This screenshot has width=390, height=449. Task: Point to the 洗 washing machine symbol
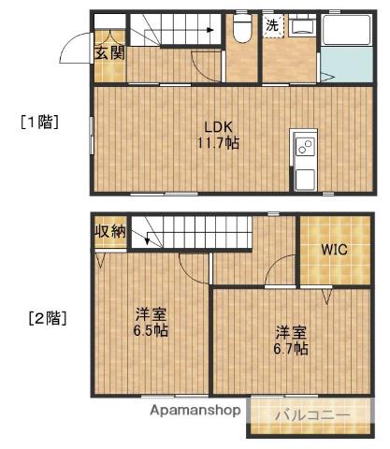271,26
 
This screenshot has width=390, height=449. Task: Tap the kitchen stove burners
305,145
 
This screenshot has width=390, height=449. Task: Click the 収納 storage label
108,231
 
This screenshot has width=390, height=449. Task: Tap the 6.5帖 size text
150,332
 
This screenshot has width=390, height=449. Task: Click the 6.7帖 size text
291,348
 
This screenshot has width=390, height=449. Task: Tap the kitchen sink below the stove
305,175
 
